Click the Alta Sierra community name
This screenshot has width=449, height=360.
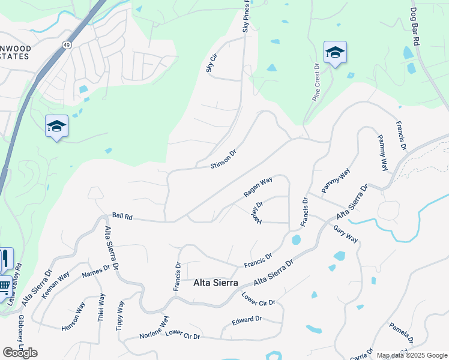(215, 283)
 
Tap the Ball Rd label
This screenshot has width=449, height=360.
(122, 215)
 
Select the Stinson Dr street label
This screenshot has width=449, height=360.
(223, 159)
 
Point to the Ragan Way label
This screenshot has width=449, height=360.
(258, 187)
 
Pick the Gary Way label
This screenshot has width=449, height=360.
(346, 234)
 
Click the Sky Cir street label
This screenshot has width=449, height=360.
(211, 65)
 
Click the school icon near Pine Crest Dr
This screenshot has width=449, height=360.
(335, 53)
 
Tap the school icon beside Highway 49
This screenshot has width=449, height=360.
(56, 126)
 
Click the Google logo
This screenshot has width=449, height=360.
(20, 352)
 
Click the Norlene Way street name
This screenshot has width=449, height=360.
(155, 327)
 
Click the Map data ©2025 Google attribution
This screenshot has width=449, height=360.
(411, 355)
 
